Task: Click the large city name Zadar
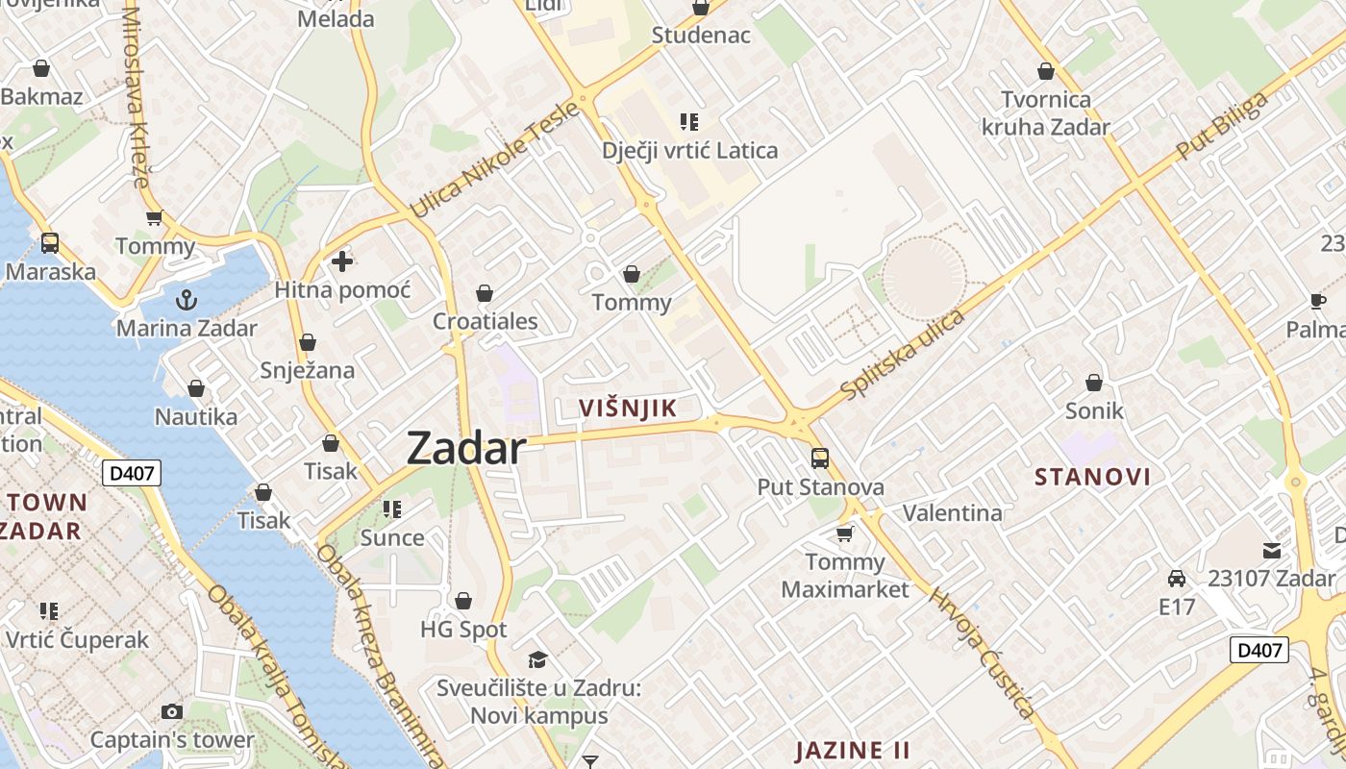point(466,448)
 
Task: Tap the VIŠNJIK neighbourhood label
point(628,409)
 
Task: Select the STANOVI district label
point(1092,477)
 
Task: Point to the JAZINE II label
point(853,750)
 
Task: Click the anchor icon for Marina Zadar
point(187,300)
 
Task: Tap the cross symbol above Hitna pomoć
point(342,260)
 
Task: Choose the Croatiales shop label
point(485,321)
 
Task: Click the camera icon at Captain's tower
point(172,711)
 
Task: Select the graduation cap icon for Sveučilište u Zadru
point(537,659)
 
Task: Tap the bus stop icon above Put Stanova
point(819,459)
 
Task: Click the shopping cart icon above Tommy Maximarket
point(845,533)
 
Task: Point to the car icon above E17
point(1176,579)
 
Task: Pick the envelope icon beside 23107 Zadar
point(1272,551)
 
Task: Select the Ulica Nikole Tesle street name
point(494,160)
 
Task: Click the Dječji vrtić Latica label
point(689,151)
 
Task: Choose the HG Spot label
point(463,630)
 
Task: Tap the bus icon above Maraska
point(50,243)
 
